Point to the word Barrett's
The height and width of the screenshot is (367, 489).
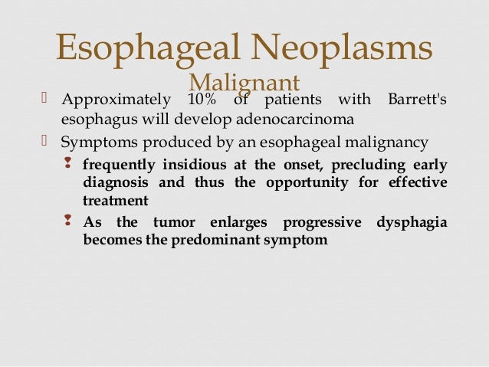click(x=414, y=101)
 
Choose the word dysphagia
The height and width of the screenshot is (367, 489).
click(x=412, y=222)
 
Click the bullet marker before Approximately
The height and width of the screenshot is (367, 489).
click(x=44, y=101)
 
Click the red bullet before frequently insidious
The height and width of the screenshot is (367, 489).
click(x=69, y=165)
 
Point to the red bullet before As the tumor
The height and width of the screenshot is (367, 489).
click(x=69, y=221)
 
